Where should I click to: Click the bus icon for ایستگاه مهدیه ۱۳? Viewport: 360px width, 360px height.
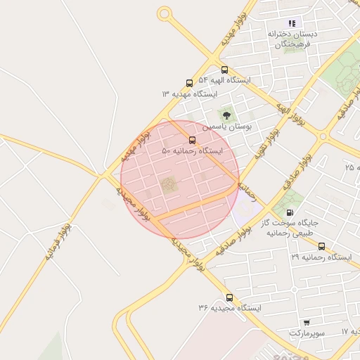point(189,83)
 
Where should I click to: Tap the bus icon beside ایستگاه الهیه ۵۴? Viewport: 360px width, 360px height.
point(224,70)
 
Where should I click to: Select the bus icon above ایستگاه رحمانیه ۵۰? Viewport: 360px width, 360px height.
point(193,139)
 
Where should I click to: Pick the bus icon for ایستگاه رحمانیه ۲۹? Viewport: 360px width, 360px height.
point(321,246)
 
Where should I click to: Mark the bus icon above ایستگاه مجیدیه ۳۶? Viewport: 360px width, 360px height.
point(229,297)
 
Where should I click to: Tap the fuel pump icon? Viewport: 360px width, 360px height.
point(290,212)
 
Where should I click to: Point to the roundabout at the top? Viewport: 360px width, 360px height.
point(165,13)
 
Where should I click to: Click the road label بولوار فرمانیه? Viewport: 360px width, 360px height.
point(58,243)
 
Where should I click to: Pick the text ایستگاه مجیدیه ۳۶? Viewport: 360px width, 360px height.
point(229,309)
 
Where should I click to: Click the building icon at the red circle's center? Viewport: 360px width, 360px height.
point(168,185)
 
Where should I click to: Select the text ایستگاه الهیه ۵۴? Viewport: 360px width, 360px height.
point(224,81)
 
